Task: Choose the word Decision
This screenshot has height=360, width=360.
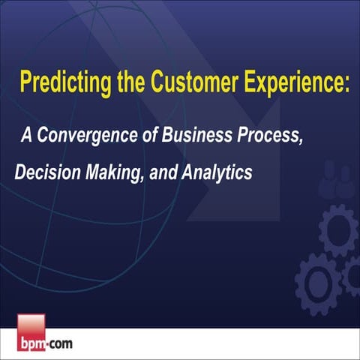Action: pos(46,172)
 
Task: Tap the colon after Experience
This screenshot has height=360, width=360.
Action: pos(346,83)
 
